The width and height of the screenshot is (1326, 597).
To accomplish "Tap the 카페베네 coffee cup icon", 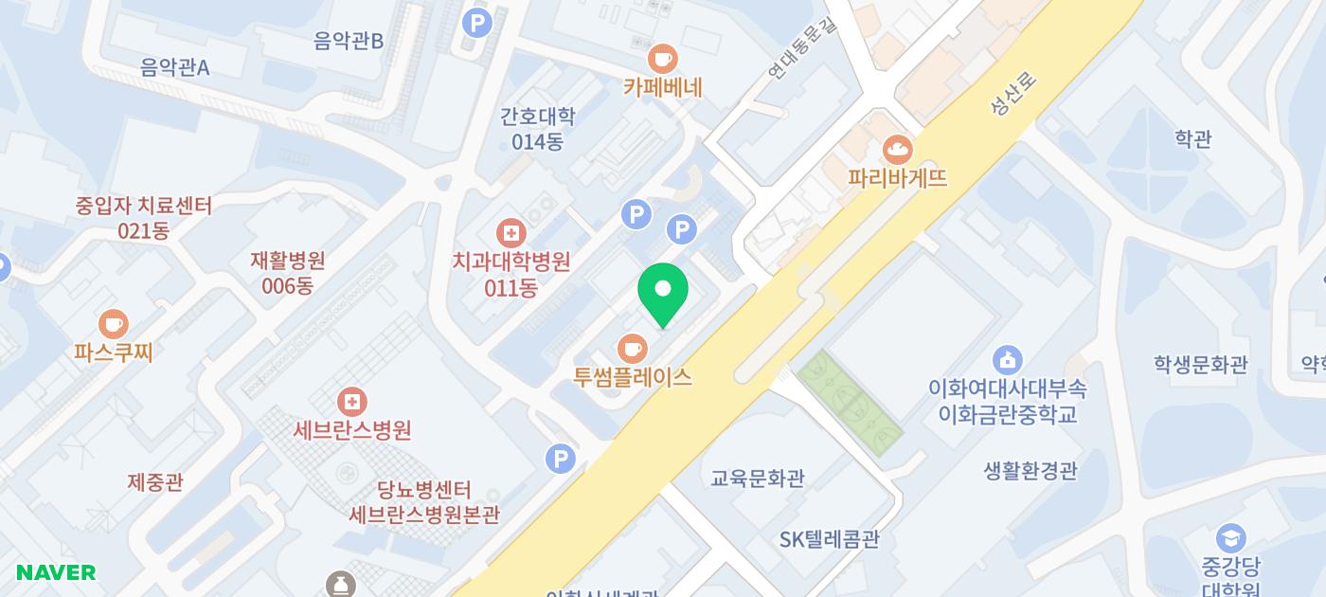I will (663, 58).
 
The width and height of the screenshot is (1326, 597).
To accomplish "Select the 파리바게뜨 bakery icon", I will (896, 149).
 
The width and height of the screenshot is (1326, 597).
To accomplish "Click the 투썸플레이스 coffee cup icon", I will (632, 348).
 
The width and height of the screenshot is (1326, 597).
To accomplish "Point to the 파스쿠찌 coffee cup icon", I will (113, 324).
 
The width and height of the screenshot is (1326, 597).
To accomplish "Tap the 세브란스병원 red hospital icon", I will (351, 402).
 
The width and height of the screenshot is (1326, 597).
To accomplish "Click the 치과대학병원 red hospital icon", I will (511, 232).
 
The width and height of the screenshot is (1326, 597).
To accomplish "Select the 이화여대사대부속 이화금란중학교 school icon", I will (1007, 360).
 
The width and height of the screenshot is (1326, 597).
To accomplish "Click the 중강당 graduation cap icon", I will (1230, 538).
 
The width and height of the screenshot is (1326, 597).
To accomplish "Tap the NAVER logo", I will (56, 572).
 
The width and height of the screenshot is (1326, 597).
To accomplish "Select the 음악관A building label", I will (174, 67).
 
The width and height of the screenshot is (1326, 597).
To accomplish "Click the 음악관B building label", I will (349, 41).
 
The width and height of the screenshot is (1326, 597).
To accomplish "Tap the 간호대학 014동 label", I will (537, 129).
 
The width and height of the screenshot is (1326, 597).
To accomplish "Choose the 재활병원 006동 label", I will (288, 272).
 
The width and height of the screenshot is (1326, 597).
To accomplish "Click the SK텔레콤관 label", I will (830, 539).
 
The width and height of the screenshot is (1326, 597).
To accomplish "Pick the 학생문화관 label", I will (1200, 364).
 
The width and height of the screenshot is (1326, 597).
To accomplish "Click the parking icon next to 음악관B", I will (476, 22).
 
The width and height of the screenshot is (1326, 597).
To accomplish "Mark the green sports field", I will (849, 403).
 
